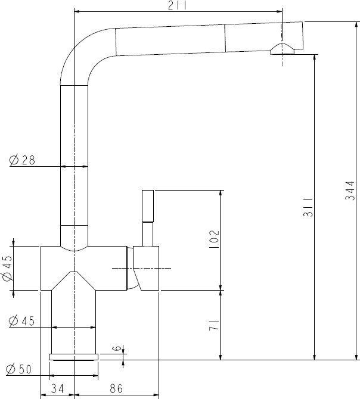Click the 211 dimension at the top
tap(178, 6)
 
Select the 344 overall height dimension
tap(351, 190)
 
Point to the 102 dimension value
tap(215, 240)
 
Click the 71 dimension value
tap(215, 325)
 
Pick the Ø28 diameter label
tap(23, 160)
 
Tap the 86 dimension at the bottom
tap(117, 389)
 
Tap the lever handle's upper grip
tap(148, 205)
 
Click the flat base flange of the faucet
tap(73, 357)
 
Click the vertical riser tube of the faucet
tap(74, 155)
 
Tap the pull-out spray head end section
tap(262, 37)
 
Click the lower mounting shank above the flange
tap(73, 325)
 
